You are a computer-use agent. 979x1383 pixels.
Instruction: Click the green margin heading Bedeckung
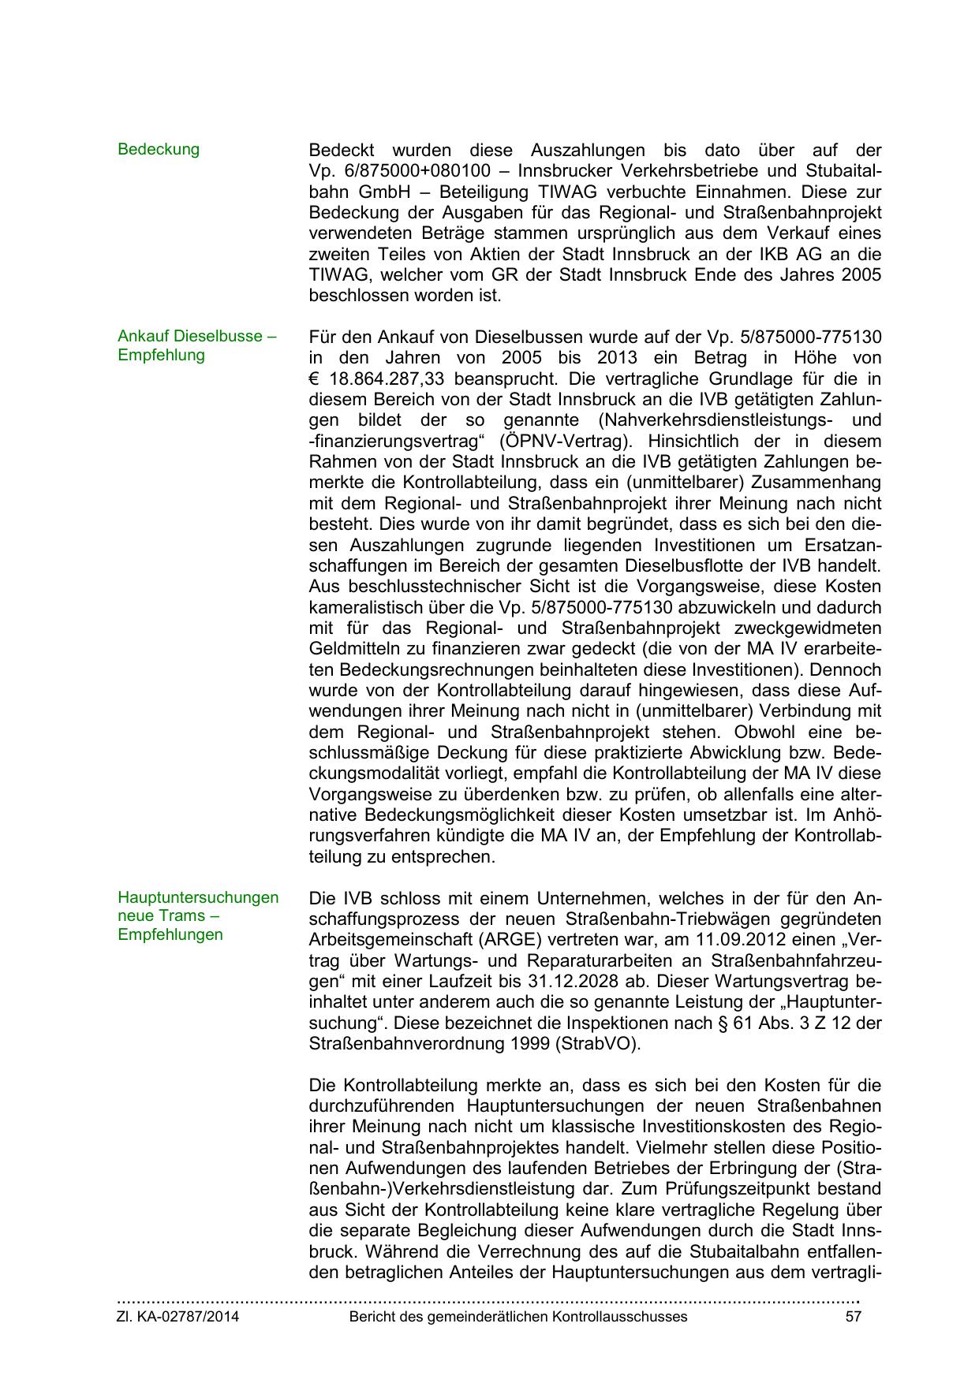point(159,149)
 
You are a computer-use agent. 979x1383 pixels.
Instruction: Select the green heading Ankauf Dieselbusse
point(196,336)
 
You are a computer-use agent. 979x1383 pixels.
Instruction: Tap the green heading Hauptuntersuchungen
point(198,897)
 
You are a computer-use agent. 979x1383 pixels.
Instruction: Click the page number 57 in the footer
point(852,1317)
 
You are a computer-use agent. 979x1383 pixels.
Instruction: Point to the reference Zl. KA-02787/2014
point(178,1317)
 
